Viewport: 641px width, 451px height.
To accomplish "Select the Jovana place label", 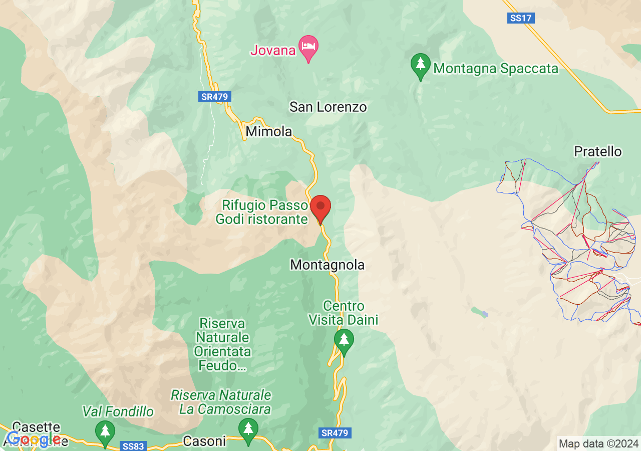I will click(273, 50).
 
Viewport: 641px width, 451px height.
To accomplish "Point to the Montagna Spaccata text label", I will click(496, 68).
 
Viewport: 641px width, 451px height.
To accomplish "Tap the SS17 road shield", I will click(521, 18).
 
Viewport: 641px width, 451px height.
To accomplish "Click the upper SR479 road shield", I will click(215, 97).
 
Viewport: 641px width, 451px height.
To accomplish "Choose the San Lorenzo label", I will click(328, 107).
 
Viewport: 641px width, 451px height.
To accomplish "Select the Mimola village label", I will click(269, 132).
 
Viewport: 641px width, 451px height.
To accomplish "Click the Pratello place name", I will click(598, 151).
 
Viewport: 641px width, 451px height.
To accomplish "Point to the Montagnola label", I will click(328, 265).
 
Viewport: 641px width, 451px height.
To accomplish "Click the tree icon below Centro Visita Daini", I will click(344, 341).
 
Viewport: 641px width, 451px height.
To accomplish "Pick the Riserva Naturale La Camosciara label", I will click(221, 402).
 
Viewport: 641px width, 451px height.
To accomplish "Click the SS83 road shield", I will click(133, 446).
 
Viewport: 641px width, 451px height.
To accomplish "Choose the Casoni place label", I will click(204, 441).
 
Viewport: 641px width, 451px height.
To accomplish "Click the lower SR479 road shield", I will click(335, 432).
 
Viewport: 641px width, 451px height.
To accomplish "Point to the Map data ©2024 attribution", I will click(598, 443).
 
